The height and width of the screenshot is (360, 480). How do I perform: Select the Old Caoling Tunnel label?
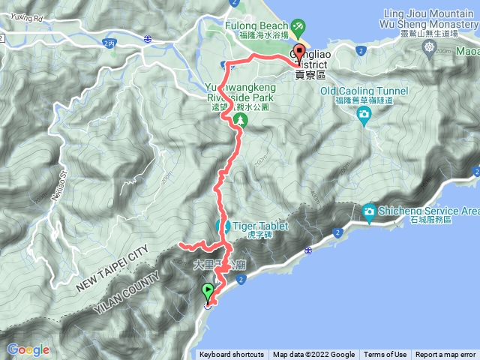pos(364,91)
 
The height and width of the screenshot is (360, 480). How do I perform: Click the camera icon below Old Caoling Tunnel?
pos(364,115)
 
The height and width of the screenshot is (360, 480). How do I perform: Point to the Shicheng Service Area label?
pos(430,211)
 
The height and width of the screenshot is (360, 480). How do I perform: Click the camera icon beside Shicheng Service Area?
pos(370,212)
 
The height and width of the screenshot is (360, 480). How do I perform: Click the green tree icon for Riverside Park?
pos(239,119)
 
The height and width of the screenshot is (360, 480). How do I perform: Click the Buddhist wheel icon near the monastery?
pos(428,46)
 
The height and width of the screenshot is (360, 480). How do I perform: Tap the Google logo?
pos(28,349)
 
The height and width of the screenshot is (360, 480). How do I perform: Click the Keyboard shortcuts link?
pos(231,355)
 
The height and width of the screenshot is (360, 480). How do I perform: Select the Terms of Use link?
pos(385,355)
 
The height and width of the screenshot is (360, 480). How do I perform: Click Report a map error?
pos(445,355)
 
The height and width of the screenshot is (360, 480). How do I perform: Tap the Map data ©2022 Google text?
pos(313,355)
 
